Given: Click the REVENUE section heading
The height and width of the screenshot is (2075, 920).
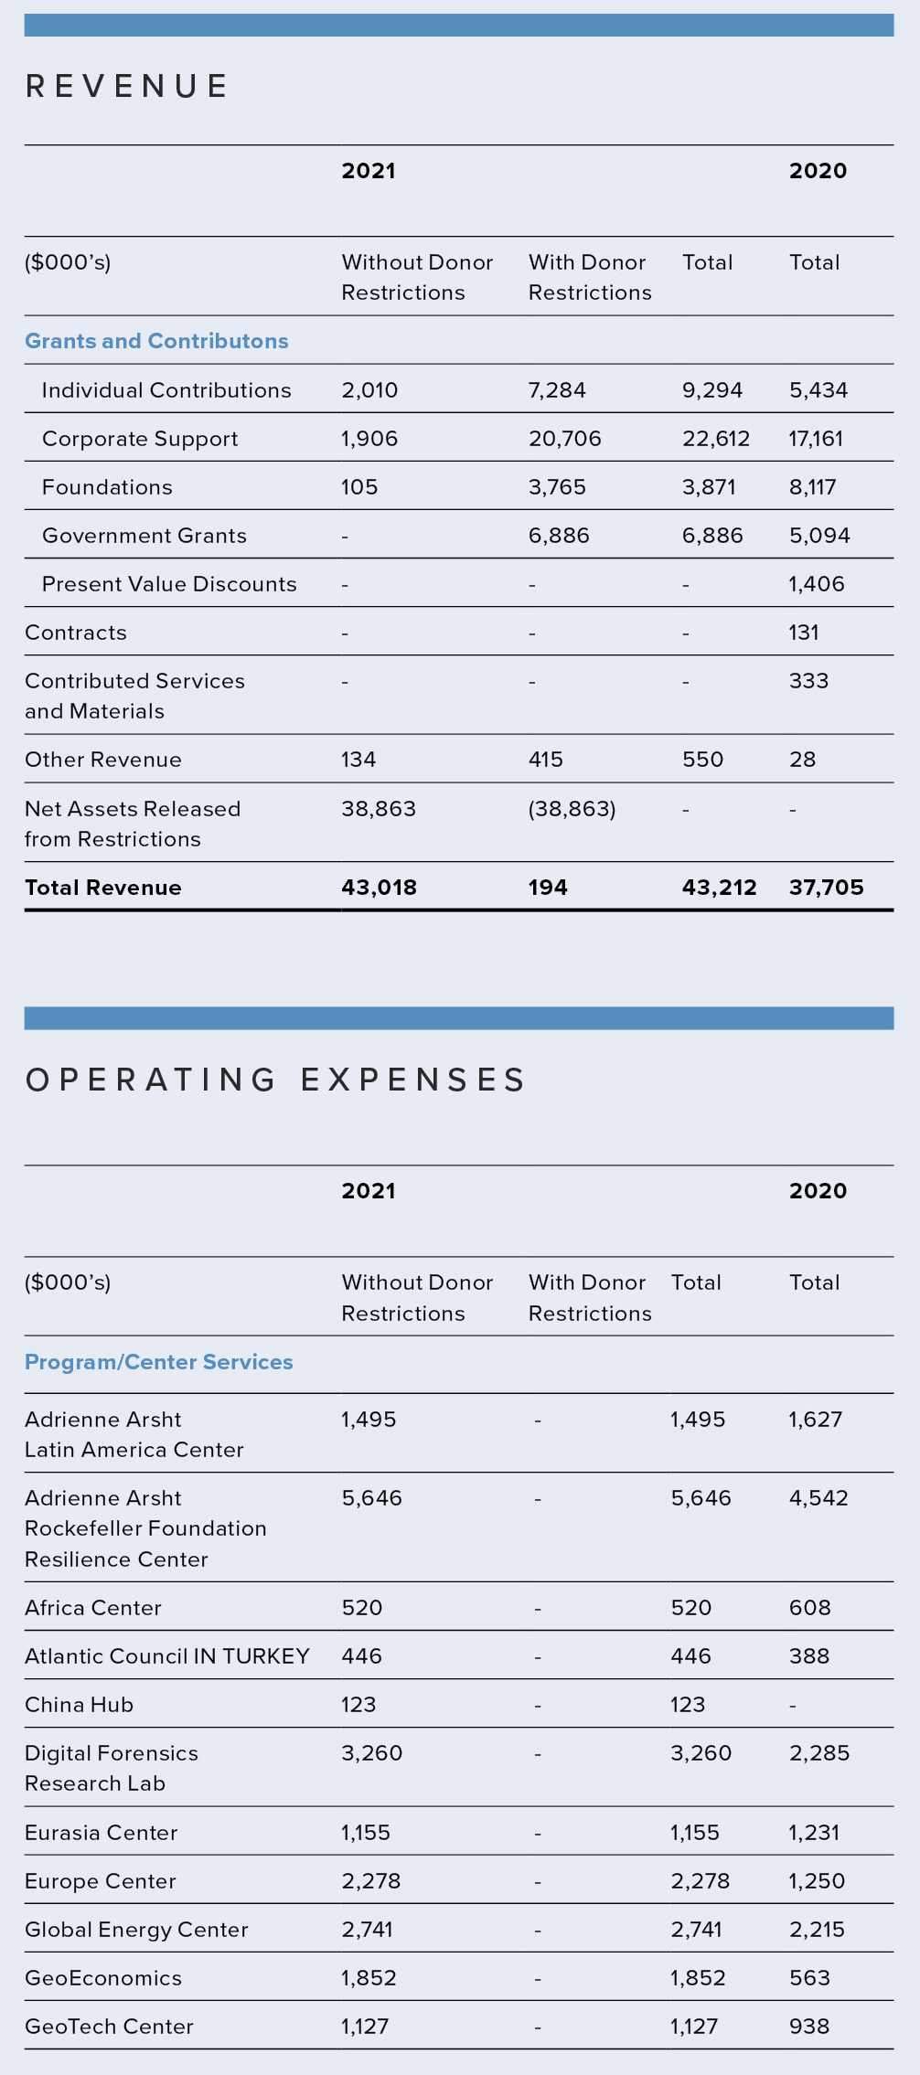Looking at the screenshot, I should [x=127, y=87].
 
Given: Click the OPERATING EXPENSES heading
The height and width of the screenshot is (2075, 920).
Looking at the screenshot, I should [x=275, y=1080].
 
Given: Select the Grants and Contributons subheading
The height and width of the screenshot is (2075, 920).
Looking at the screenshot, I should [x=156, y=341].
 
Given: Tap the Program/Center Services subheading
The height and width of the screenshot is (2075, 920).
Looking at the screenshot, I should [x=159, y=1362].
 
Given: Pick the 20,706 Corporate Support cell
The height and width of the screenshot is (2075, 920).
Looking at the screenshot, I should [x=564, y=439].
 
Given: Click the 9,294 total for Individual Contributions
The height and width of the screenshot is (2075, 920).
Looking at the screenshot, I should [x=711, y=390].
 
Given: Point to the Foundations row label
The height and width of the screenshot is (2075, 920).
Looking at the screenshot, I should [x=107, y=487].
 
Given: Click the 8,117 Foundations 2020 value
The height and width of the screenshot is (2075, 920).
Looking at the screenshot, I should [x=812, y=487].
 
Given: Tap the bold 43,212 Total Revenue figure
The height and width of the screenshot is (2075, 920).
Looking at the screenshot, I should [x=719, y=888].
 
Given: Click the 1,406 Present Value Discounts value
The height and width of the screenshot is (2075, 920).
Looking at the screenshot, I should [x=816, y=584].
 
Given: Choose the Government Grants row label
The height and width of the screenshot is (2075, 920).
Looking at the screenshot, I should [x=144, y=536].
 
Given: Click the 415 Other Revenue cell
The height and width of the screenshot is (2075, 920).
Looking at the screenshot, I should [x=545, y=760].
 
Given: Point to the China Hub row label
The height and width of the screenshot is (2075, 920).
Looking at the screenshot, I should [x=80, y=1705].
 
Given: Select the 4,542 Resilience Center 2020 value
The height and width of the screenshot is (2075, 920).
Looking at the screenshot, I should [x=818, y=1498].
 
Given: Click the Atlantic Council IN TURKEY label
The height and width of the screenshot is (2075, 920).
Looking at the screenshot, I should [x=167, y=1656].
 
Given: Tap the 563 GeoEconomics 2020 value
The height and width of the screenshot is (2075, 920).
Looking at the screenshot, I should [x=808, y=1978].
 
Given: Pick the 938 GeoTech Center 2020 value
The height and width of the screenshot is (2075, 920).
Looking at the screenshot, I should [x=808, y=2027].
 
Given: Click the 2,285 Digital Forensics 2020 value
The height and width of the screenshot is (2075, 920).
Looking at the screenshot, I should [x=818, y=1753].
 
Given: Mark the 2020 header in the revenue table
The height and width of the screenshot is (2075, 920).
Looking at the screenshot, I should [x=818, y=171].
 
